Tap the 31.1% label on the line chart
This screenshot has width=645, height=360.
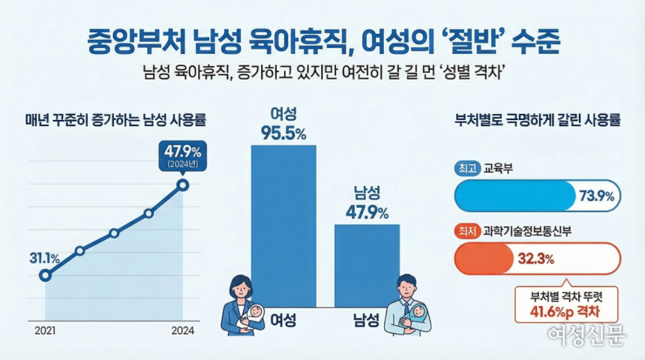pyautogui.click(x=45, y=259)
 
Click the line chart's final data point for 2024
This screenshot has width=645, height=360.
pyautogui.click(x=183, y=184)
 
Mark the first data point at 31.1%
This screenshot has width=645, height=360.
pyautogui.click(x=45, y=275)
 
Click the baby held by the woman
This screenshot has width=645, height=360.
pyautogui.click(x=254, y=314)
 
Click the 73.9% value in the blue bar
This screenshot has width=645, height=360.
pyautogui.click(x=596, y=196)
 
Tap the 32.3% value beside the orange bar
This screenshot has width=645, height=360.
pyautogui.click(x=535, y=260)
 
